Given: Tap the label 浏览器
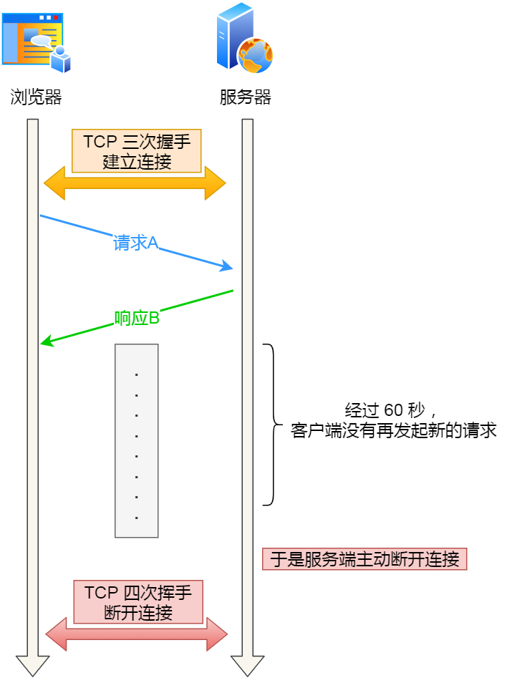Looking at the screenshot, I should [x=36, y=97].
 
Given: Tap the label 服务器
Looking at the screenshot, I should [x=245, y=97].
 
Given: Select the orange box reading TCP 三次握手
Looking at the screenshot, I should [x=137, y=150].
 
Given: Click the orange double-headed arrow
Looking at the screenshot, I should [x=135, y=184].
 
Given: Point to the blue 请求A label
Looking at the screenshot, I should [x=135, y=243].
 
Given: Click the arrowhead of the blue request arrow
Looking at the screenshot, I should [x=228, y=268].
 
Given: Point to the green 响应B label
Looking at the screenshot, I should [x=137, y=318].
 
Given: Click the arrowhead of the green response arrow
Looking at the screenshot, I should [x=46, y=343].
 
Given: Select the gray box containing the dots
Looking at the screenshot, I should [x=136, y=440].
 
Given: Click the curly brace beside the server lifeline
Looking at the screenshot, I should [x=272, y=425].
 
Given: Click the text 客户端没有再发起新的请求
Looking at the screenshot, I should [x=394, y=431].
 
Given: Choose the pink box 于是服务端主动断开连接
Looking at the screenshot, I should [x=364, y=559].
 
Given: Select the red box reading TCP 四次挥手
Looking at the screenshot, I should [x=138, y=601].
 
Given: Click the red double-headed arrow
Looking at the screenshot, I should [x=136, y=634].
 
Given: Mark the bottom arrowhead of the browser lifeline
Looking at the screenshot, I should [x=33, y=665].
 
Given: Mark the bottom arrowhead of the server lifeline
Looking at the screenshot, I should [x=248, y=665].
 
